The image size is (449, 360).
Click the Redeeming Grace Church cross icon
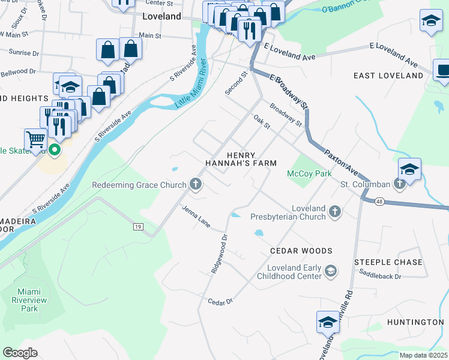195,185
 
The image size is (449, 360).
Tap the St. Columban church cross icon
400,185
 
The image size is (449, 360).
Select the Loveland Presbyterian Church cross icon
335,212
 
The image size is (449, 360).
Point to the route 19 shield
138,226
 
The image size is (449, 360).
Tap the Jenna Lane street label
196,217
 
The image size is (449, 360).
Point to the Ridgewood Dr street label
220,254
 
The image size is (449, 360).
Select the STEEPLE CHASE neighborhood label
388,262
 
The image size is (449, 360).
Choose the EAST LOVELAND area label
388,76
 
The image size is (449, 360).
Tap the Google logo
20,353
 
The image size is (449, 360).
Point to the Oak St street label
262,122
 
